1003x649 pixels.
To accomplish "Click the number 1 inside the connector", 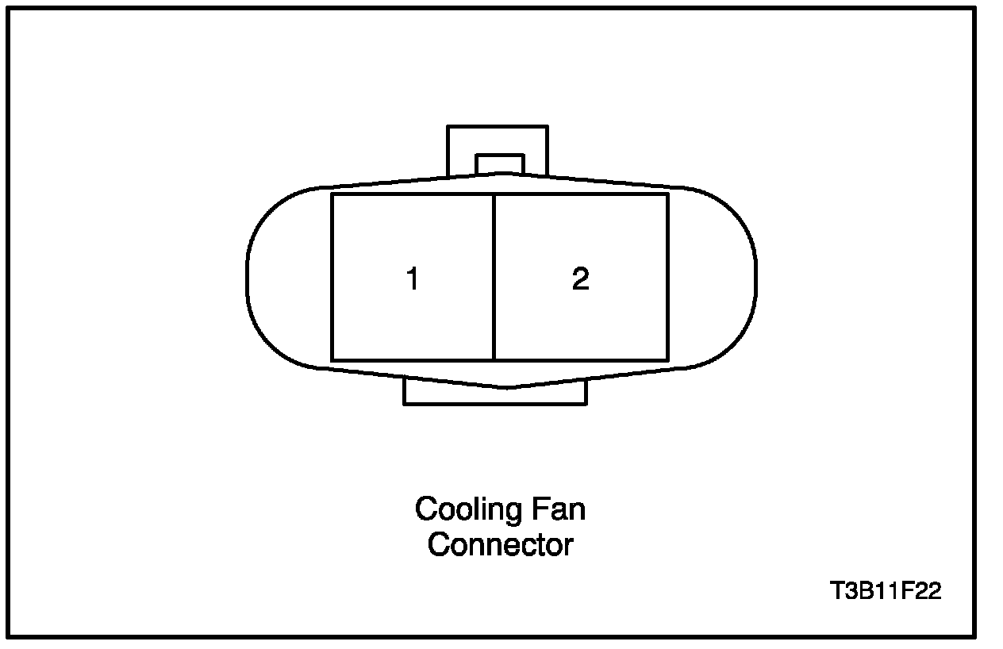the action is (x=413, y=279).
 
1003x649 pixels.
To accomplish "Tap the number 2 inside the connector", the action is (x=581, y=279).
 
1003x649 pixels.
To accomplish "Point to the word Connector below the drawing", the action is (x=500, y=545).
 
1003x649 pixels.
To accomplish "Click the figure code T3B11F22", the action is (x=886, y=591).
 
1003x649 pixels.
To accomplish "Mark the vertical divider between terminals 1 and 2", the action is (x=494, y=278).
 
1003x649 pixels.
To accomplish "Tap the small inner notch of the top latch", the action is (x=499, y=163).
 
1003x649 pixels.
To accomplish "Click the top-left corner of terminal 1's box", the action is (x=332, y=194).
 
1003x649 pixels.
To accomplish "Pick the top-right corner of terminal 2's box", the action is (x=667, y=194).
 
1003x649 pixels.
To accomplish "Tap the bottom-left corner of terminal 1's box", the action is (x=332, y=361).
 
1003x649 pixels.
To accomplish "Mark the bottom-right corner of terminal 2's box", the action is (x=667, y=361).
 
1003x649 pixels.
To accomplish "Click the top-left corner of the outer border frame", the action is (x=10, y=9).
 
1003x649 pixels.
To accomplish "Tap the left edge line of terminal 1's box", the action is (x=332, y=278).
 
